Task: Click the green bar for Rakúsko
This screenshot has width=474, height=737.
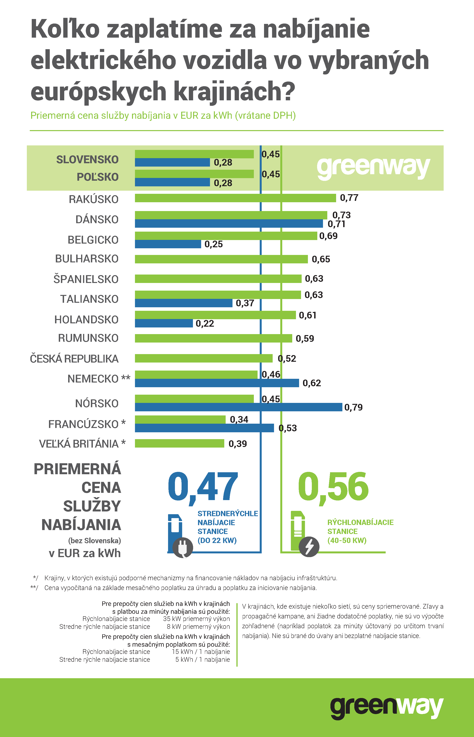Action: point(235,198)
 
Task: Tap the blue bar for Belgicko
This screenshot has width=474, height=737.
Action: point(168,244)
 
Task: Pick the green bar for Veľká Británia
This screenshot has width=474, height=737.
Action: point(179,443)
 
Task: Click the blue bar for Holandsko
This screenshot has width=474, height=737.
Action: point(164,323)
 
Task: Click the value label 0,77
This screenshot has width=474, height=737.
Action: point(349,198)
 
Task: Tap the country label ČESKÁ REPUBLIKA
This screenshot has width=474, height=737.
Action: point(74,359)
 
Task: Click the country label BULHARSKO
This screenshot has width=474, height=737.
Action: point(87,259)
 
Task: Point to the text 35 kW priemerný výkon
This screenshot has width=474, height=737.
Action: point(196,619)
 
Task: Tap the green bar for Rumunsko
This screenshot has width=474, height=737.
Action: point(213,338)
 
